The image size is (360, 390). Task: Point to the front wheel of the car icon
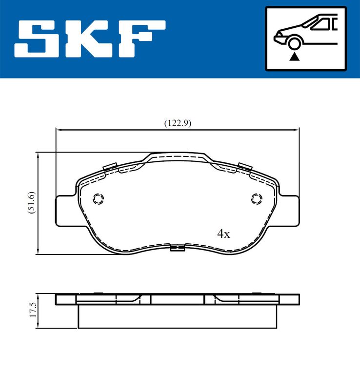(x=294, y=42)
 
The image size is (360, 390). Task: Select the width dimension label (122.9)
(x=178, y=123)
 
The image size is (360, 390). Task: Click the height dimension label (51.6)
(x=32, y=203)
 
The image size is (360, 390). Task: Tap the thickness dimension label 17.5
(x=33, y=310)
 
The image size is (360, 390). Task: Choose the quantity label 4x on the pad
(x=223, y=234)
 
